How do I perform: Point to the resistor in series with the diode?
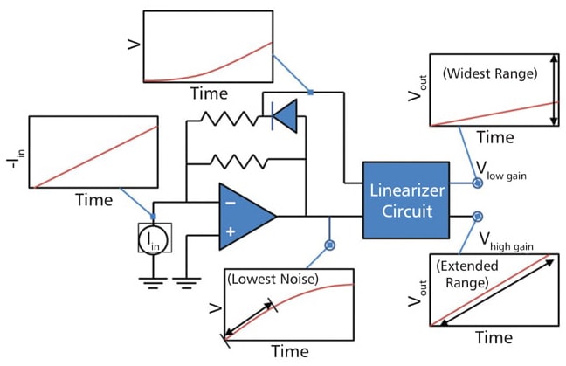click(x=225, y=117)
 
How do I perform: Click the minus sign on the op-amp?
click(x=230, y=202)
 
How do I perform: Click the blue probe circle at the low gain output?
click(x=478, y=183)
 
